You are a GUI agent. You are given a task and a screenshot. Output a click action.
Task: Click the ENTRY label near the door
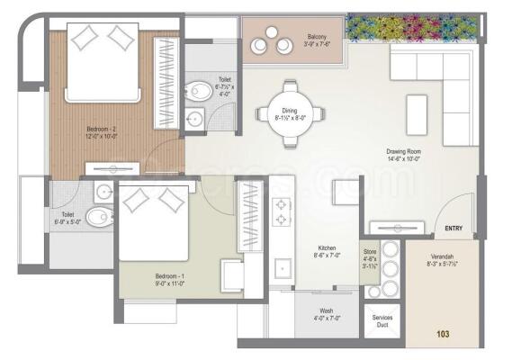(x=453, y=229)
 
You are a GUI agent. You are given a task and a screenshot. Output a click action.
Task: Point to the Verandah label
(x=441, y=260)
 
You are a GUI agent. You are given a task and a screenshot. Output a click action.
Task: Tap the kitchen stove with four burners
(x=281, y=212)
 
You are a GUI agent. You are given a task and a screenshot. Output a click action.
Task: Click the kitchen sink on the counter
(x=283, y=267)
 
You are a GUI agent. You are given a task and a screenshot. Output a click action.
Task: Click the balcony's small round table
(x=271, y=33)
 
